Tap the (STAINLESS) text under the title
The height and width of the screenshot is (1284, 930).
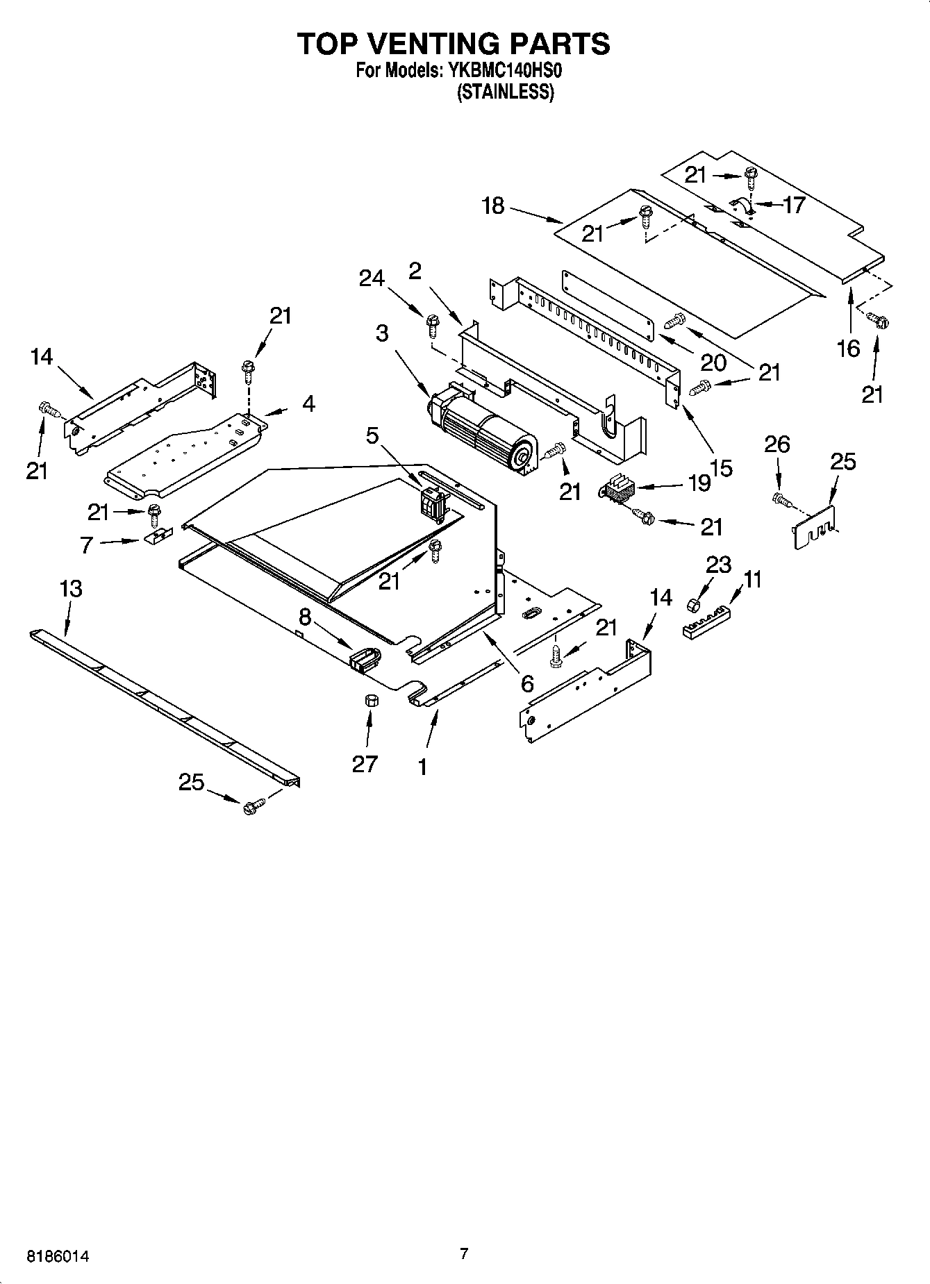pos(505,92)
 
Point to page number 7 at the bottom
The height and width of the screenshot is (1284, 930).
pos(464,1253)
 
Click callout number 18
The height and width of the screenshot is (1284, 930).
pos(493,206)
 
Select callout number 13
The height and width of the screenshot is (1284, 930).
pos(71,589)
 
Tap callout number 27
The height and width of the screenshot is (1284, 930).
pos(365,763)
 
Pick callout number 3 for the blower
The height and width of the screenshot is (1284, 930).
pos(383,333)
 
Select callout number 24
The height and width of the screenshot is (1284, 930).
pos(372,278)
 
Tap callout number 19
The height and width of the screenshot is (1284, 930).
pos(699,483)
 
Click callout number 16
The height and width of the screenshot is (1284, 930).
pos(849,348)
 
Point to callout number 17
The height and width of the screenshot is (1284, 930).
pos(793,205)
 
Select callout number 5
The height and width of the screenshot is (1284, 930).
pos(372,435)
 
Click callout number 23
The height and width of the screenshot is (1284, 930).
pos(717,565)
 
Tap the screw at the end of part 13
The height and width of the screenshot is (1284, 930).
pos(253,807)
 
